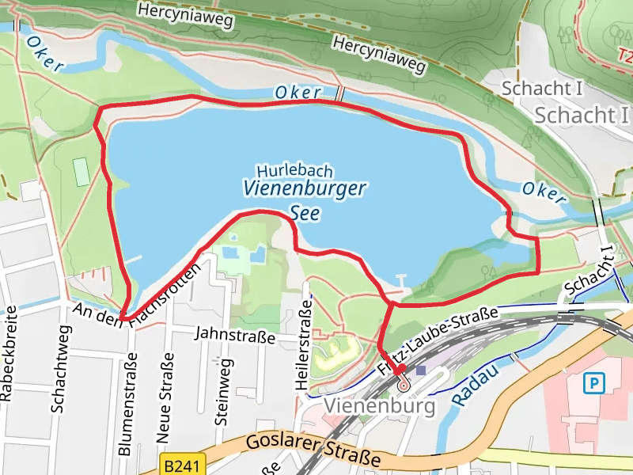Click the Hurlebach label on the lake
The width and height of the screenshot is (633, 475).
tap(294, 171)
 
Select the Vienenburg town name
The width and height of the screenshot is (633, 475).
tap(380, 407)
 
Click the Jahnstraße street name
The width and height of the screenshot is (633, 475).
tap(237, 337)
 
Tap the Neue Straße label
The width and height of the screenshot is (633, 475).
tap(165, 401)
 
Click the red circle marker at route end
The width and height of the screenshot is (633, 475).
tap(404, 386)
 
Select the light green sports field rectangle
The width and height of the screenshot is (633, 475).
tap(81, 172)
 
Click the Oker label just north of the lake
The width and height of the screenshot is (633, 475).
tap(298, 93)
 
